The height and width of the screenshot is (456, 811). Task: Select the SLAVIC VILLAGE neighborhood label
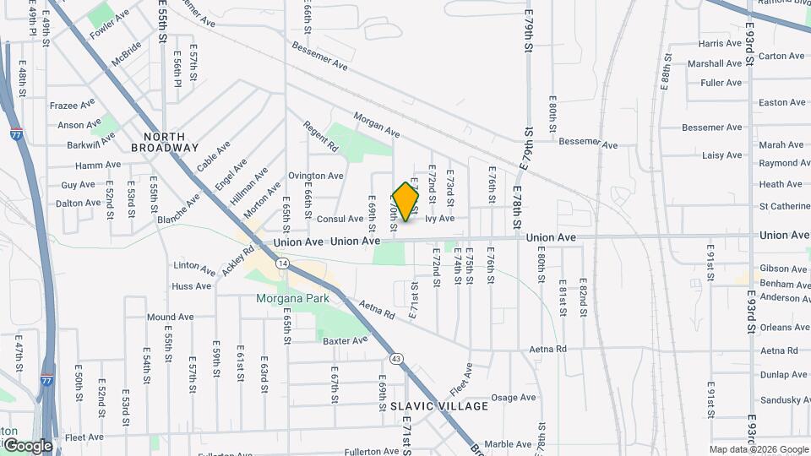(x=439, y=406)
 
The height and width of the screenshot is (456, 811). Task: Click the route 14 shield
(x=282, y=264)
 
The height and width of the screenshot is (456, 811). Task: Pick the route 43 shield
(x=397, y=359)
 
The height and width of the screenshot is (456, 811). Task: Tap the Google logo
(x=27, y=445)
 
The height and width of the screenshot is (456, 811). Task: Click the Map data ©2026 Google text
(x=758, y=449)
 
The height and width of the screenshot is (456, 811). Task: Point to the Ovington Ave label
(x=316, y=176)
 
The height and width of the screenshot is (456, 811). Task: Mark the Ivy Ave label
(x=439, y=219)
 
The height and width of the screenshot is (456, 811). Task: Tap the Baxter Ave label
(x=346, y=340)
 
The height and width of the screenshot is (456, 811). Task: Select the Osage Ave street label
(x=514, y=398)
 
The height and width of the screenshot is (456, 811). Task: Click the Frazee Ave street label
(x=73, y=106)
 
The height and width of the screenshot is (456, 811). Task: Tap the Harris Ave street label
(x=721, y=43)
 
